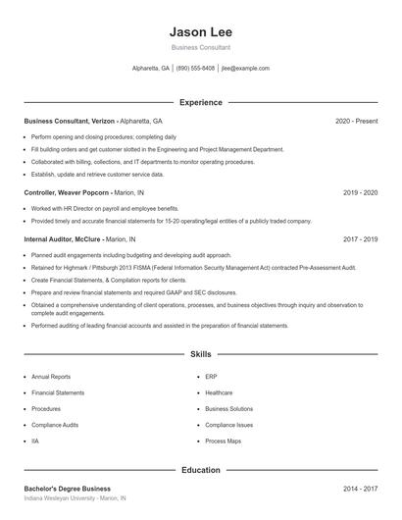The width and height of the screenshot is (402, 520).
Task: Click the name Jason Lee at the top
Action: click(200, 32)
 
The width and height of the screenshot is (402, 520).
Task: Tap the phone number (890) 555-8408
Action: click(195, 69)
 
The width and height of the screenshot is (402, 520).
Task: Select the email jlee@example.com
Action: click(245, 69)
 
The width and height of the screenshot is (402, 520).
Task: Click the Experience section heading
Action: click(200, 102)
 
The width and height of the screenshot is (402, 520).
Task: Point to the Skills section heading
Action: click(200, 353)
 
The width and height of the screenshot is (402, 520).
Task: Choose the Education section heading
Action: click(200, 470)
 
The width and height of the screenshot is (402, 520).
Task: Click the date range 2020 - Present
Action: click(356, 121)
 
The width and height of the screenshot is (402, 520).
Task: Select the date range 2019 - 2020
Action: click(360, 192)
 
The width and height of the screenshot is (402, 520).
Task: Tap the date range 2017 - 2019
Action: click(360, 238)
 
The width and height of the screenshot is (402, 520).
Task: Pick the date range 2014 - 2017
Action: click(360, 489)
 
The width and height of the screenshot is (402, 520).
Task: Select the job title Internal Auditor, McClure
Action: click(61, 238)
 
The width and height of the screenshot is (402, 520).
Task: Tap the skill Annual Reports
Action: click(51, 377)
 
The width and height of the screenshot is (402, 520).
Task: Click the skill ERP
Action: click(211, 377)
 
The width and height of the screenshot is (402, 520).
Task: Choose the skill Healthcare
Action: click(219, 392)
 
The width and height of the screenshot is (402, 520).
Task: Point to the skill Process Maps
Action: click(222, 441)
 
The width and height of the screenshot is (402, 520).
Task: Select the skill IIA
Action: click(35, 441)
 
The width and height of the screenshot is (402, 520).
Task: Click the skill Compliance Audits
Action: click(55, 425)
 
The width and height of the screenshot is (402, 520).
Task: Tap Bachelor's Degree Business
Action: click(68, 489)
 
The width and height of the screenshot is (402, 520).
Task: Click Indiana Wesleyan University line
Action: click(75, 498)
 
